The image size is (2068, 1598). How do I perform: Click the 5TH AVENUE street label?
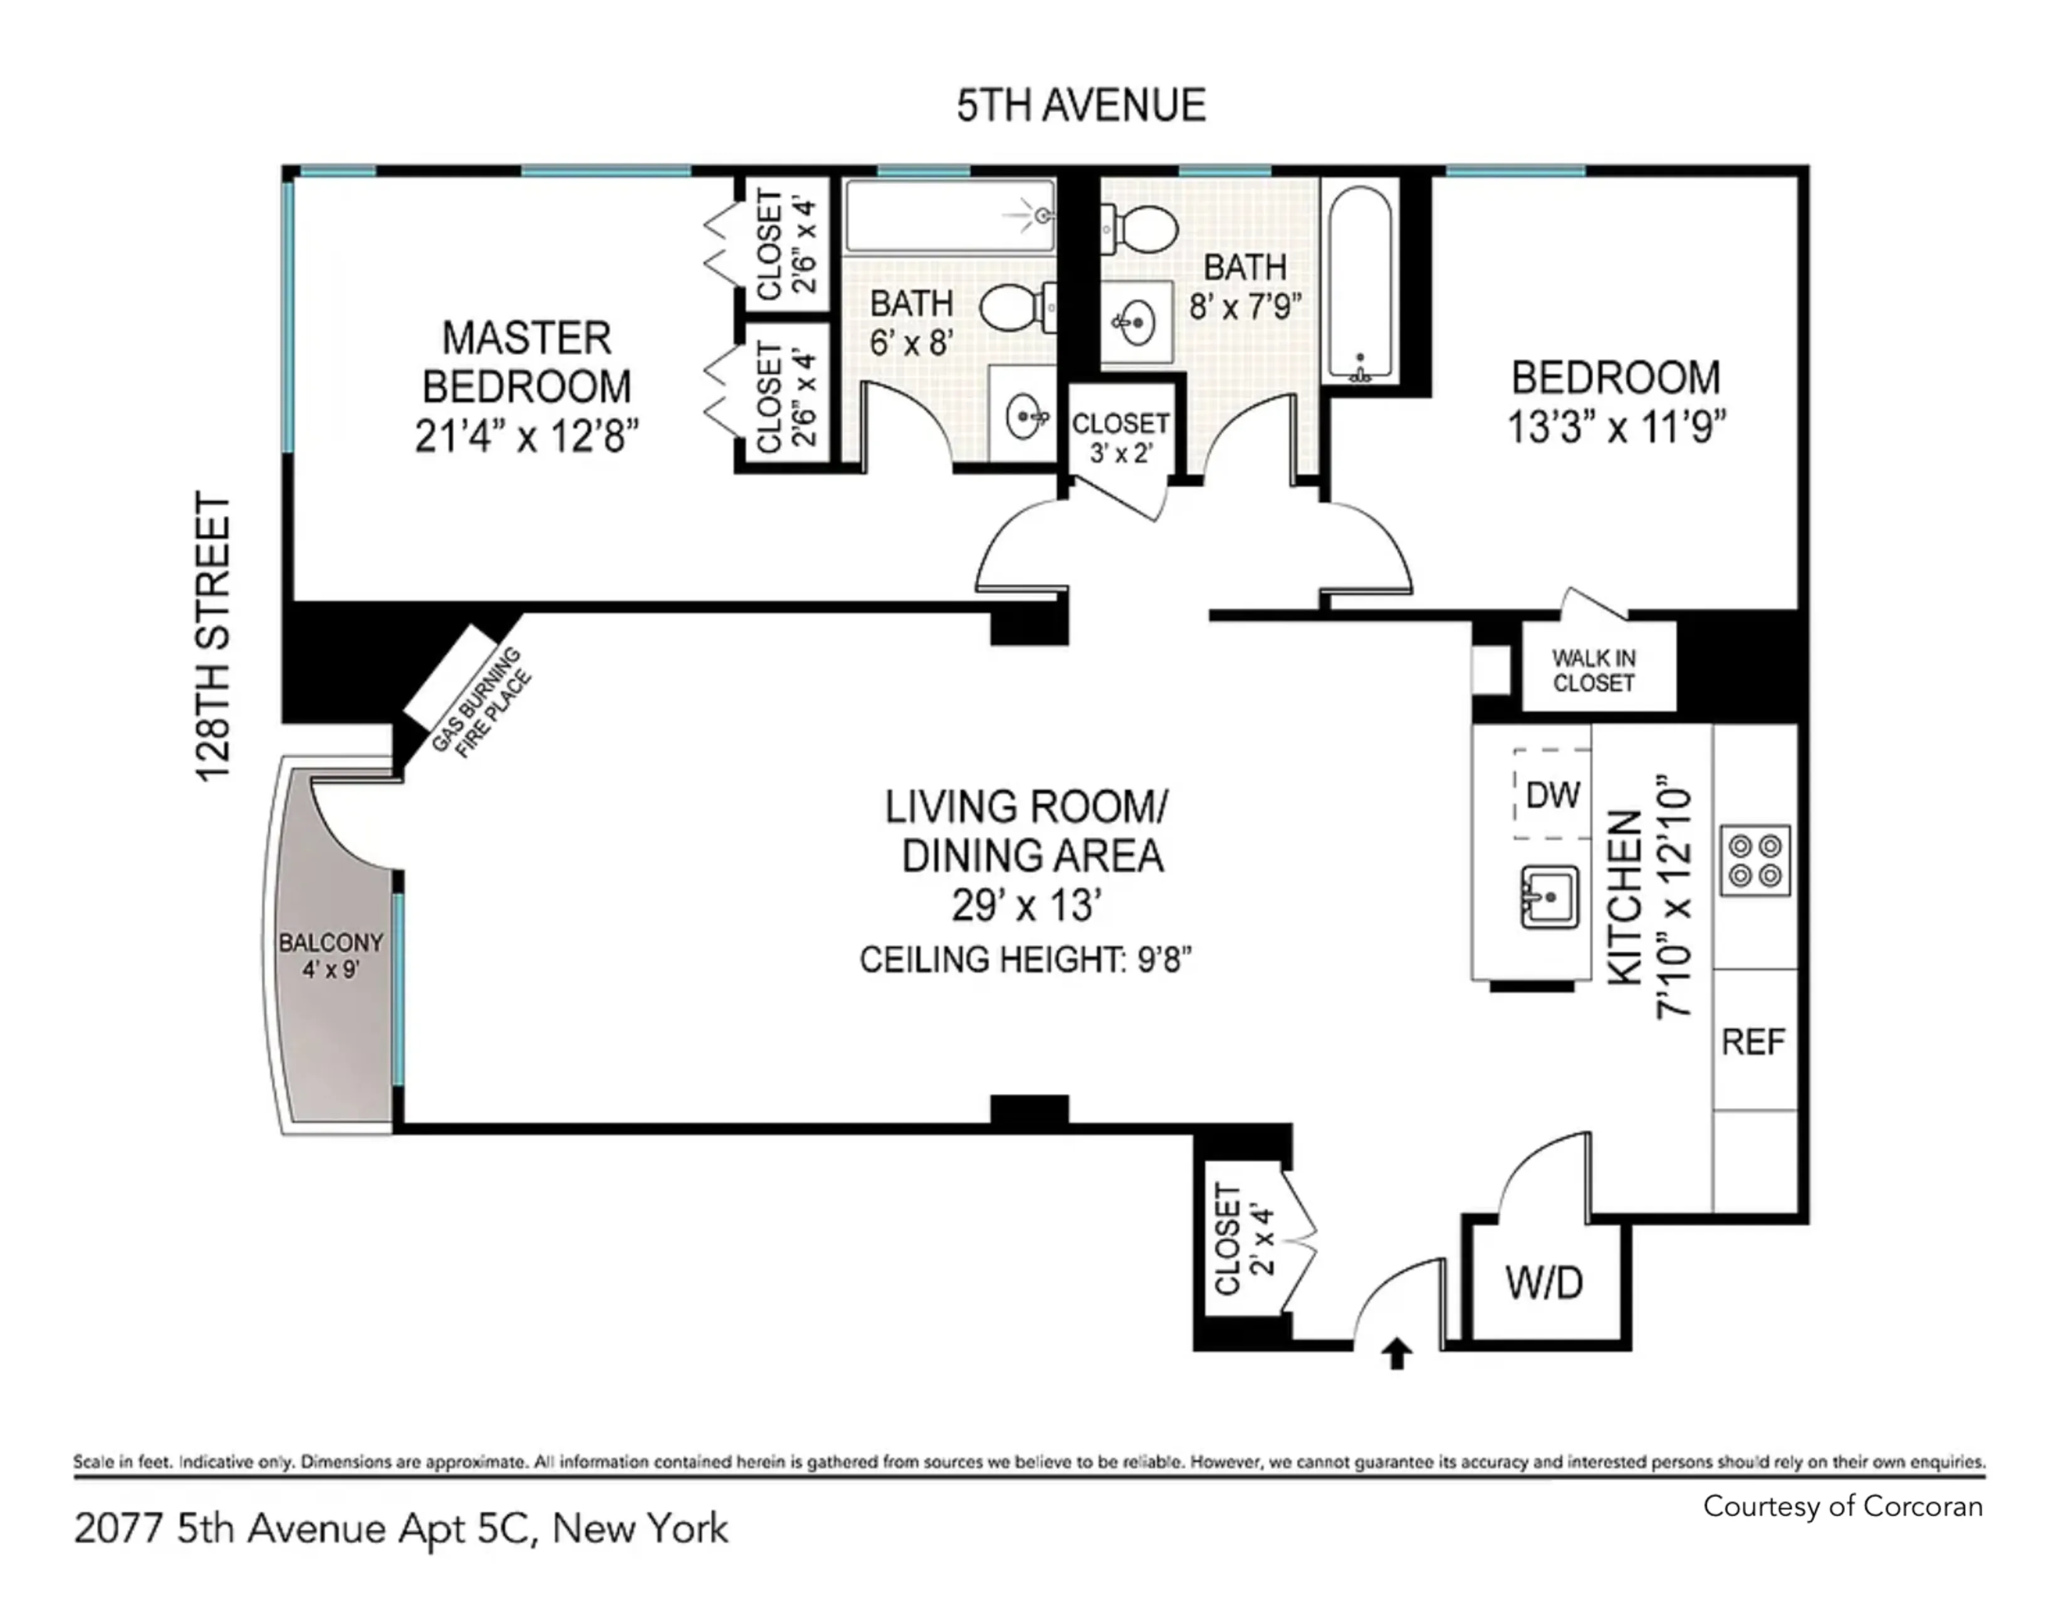(1080, 105)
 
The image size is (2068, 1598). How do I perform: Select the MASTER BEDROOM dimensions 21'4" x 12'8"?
(526, 436)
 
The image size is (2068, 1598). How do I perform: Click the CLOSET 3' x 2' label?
(1120, 437)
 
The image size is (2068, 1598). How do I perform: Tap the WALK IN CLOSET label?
(1594, 671)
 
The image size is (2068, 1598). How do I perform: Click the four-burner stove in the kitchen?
(1755, 860)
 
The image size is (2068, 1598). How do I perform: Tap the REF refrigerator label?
(1753, 1042)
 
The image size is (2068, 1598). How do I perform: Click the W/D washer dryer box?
(1543, 1283)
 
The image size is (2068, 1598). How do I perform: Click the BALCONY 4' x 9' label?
(330, 955)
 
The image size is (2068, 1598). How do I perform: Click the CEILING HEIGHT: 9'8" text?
(1025, 960)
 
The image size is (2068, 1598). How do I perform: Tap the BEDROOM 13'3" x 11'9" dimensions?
(1616, 427)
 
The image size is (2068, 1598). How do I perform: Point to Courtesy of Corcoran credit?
(1842, 1506)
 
